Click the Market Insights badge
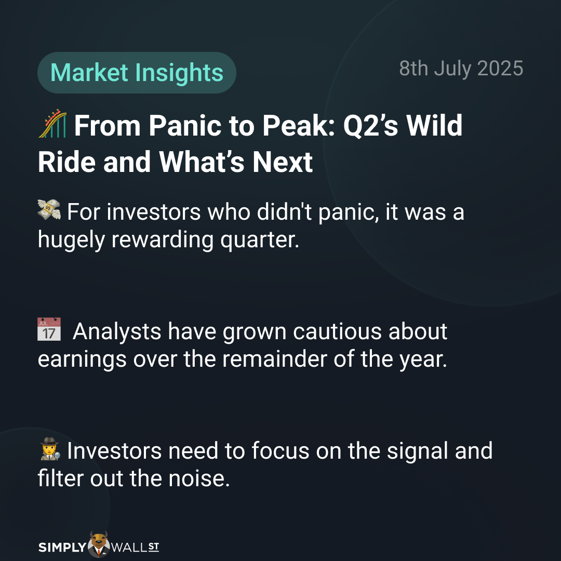click(137, 73)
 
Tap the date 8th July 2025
click(461, 69)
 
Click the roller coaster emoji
click(52, 124)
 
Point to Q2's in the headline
click(371, 126)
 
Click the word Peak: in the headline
click(299, 126)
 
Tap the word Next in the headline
click(283, 163)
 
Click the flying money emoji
click(49, 209)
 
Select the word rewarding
click(163, 239)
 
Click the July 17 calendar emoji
click(49, 329)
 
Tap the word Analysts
click(117, 331)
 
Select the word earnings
click(82, 360)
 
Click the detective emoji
click(50, 449)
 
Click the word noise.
click(199, 479)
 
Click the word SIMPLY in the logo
click(62, 547)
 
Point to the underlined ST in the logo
click(153, 546)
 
